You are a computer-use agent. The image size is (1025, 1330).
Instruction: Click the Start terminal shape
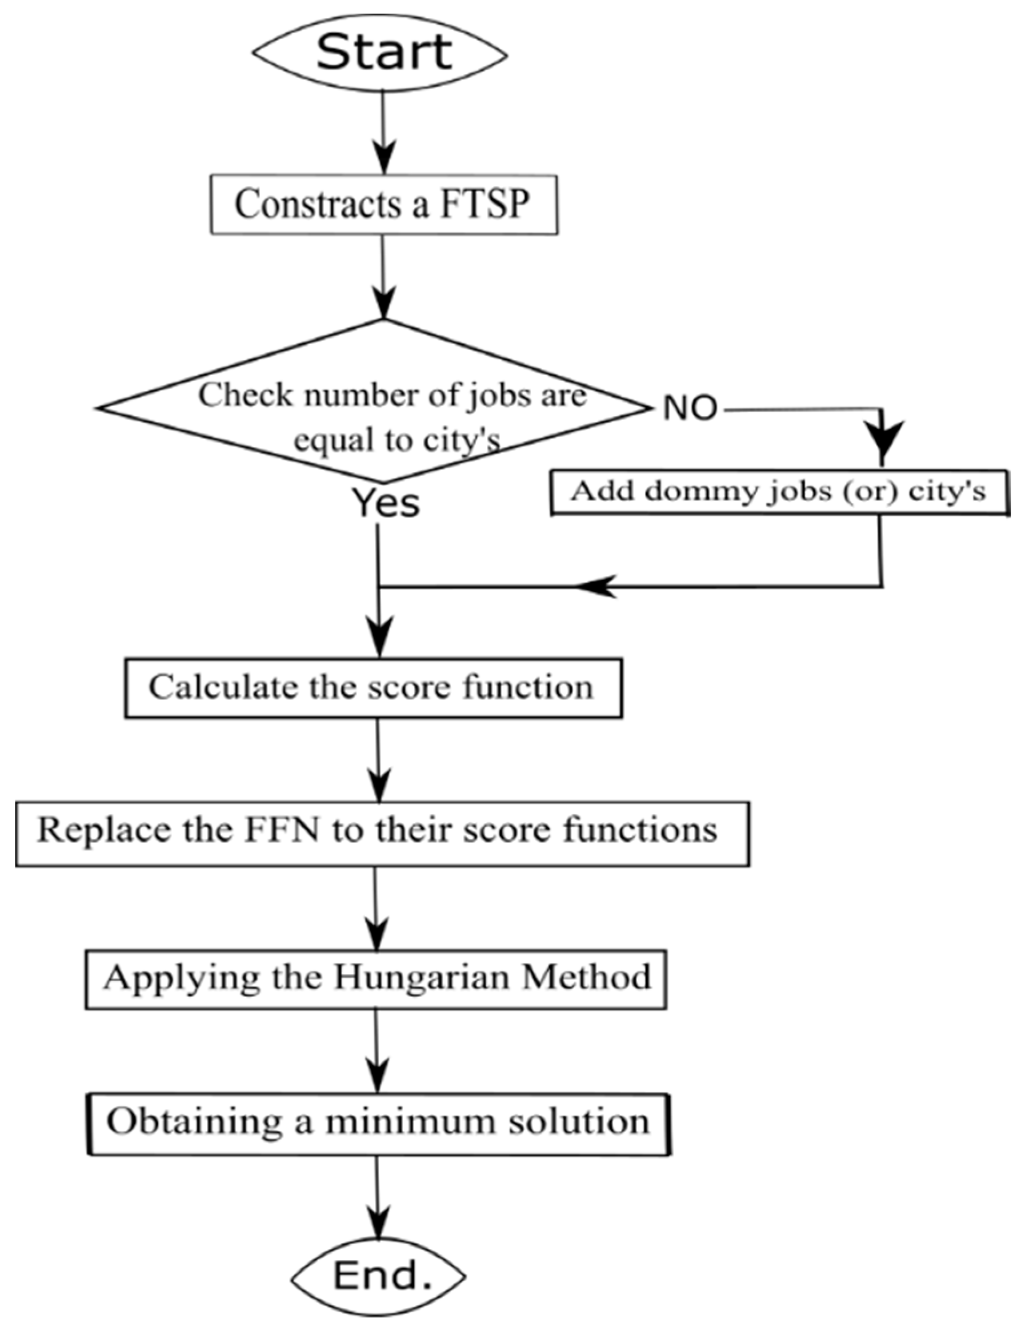tap(381, 54)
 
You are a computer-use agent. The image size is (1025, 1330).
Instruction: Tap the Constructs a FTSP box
tap(383, 205)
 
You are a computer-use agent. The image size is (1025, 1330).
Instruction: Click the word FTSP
tap(484, 205)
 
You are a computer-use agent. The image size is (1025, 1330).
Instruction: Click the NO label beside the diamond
tap(690, 408)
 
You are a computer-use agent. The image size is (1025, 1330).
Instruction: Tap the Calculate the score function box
tap(373, 687)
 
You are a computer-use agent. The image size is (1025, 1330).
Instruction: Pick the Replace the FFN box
tap(382, 833)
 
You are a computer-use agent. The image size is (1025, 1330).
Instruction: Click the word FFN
tap(281, 831)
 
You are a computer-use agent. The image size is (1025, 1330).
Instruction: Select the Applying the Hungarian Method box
tap(375, 978)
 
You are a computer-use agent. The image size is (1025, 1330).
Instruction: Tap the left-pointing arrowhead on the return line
tap(596, 587)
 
